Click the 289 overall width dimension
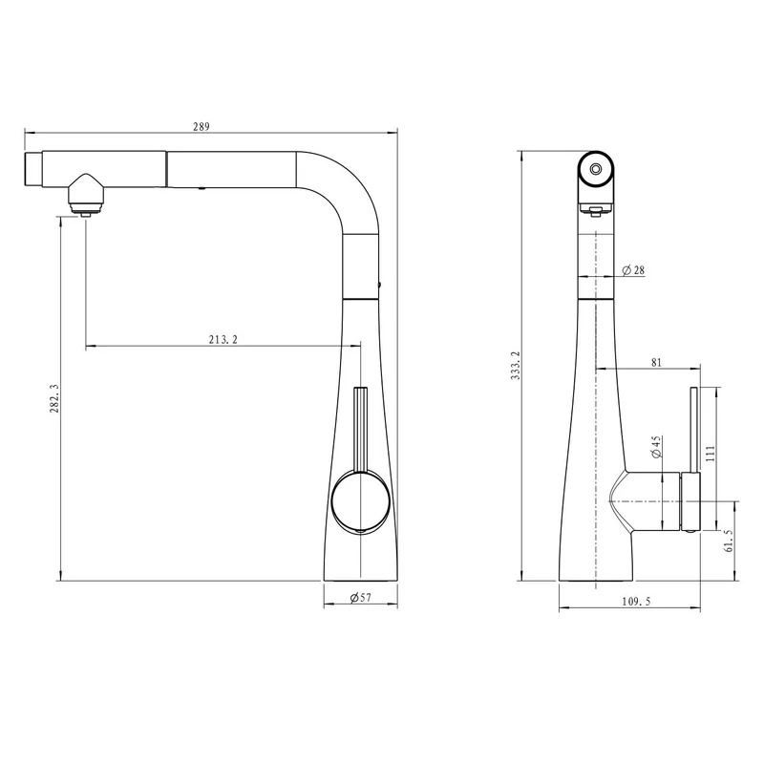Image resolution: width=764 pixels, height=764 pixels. coord(201,127)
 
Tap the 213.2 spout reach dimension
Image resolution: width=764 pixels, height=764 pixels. coord(223,339)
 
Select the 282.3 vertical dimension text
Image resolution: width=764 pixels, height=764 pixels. coord(54,397)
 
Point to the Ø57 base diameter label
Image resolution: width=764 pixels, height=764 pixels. coord(361,597)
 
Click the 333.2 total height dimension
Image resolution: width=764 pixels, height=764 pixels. coord(516,365)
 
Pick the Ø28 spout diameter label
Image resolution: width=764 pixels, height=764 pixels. coord(633,270)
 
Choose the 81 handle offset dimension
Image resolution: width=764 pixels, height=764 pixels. coord(656,362)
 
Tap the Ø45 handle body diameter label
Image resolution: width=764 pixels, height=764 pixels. coord(656,447)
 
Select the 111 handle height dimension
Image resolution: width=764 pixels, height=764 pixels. coord(710,453)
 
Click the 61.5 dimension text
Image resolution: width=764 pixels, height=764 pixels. coord(729,540)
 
